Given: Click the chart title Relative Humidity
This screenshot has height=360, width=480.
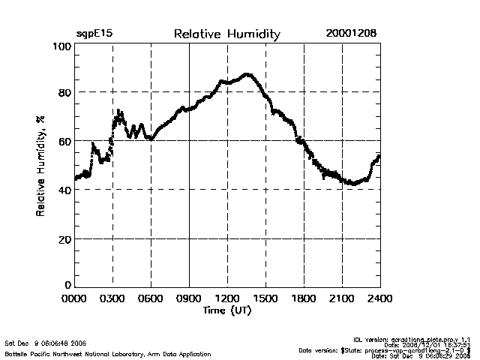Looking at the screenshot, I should [226, 34].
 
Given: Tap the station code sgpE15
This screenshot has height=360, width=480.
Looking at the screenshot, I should [94, 34].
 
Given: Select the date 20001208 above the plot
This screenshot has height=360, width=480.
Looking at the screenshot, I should [351, 34].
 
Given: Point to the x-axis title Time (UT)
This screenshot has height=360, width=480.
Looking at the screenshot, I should [226, 310].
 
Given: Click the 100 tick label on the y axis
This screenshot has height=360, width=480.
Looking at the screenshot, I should [61, 46].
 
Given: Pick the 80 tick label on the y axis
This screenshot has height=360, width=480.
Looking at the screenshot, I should [64, 93].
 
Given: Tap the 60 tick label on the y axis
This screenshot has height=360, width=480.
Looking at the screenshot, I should [64, 141].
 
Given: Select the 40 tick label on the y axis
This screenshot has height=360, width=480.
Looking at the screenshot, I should [64, 190].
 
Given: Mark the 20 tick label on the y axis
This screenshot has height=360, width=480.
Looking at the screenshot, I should [64, 238].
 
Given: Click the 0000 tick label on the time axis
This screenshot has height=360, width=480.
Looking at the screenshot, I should [74, 298].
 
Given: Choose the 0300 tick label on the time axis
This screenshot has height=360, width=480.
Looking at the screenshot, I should [112, 298].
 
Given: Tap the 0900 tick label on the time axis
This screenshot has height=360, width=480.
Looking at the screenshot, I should [189, 298].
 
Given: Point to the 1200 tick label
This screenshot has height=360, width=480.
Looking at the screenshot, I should [227, 298].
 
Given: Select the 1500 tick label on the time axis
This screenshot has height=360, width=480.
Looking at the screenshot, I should [265, 298].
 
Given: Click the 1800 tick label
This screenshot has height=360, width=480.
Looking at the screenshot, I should [304, 298].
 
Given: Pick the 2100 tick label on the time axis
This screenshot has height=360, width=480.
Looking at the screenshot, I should [342, 298].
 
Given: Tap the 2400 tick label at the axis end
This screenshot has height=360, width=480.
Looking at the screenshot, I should [379, 298].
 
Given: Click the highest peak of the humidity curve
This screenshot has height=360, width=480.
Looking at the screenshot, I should [247, 74].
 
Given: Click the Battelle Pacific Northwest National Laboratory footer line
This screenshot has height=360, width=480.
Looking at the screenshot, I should [107, 353].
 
